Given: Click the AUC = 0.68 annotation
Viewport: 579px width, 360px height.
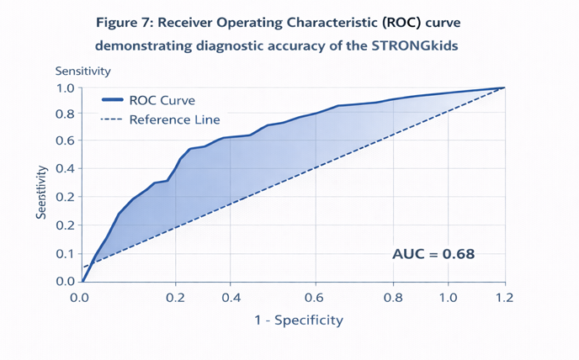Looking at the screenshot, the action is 433,254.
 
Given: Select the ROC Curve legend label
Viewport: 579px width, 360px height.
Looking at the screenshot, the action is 162,100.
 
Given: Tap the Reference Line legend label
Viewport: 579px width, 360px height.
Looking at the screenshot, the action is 175,119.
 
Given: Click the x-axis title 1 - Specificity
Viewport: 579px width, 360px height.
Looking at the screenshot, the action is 299,320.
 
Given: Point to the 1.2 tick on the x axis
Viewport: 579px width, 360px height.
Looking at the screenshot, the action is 504,298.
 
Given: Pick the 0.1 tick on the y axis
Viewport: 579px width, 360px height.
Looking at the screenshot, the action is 66,254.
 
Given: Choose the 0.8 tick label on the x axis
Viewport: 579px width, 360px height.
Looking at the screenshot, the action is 393,298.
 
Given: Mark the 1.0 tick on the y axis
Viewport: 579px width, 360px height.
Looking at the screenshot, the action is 66,88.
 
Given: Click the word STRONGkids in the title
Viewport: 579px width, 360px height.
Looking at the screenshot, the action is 415,45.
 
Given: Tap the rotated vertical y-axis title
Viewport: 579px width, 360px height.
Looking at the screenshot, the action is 42,193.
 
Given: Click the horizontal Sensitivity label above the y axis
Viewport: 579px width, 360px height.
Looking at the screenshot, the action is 83,71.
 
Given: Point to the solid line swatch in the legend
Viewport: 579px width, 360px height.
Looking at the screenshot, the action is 112,99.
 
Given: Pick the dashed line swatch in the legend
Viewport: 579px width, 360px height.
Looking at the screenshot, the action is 112,119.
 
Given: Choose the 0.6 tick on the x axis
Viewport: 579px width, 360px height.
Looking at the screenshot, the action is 315,298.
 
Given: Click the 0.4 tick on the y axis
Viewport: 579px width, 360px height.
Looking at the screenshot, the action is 66,169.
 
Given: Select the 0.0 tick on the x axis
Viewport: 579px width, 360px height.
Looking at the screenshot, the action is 79,298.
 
